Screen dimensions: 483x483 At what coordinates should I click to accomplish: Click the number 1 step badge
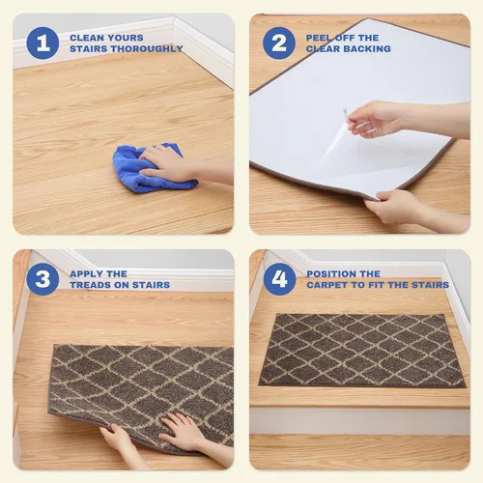pos(43,43)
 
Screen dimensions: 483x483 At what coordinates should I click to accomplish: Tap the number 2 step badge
pos(279,43)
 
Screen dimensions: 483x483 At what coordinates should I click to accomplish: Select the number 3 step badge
pos(43,279)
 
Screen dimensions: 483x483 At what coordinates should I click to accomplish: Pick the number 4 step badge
pos(279,279)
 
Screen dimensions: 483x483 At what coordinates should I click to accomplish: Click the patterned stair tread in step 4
pos(362,351)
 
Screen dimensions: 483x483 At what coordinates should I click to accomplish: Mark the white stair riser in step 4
pos(359,421)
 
